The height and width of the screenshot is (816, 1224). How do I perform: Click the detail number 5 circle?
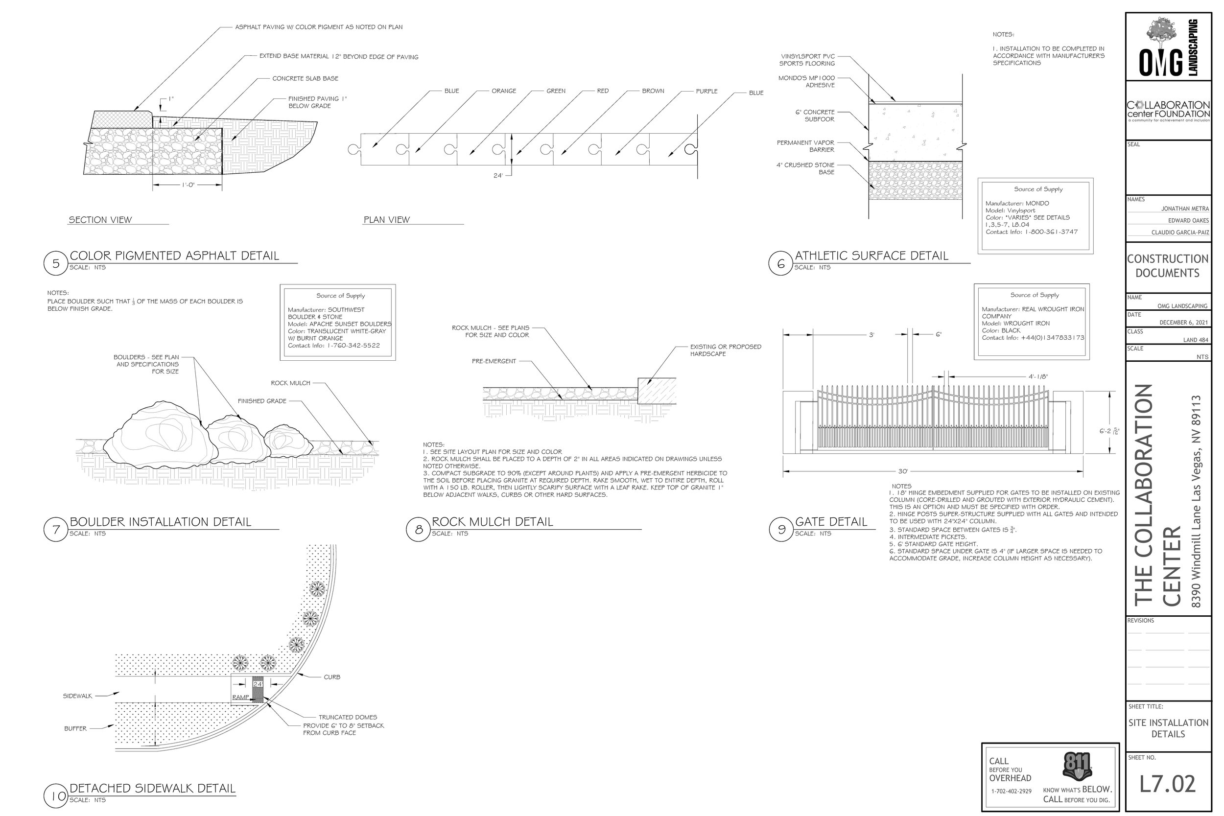click(x=56, y=263)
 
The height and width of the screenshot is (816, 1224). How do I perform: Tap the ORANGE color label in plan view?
click(x=503, y=91)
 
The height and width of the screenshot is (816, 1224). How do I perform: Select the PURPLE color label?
click(x=706, y=92)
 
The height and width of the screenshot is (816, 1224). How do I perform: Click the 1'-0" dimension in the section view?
click(x=188, y=185)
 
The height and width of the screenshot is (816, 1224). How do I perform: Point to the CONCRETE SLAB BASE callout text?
click(x=305, y=79)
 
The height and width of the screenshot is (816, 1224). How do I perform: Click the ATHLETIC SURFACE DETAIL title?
click(x=871, y=256)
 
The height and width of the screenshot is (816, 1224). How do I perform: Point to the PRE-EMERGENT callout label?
click(x=494, y=361)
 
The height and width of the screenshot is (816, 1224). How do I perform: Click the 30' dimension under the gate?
click(x=902, y=471)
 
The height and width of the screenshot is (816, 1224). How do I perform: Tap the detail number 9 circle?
click(x=780, y=530)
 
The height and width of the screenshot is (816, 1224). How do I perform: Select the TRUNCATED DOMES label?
click(x=348, y=717)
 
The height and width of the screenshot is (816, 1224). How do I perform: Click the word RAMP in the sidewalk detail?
click(x=240, y=698)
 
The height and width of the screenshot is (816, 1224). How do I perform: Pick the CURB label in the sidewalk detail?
click(x=331, y=677)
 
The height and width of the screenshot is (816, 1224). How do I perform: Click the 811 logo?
click(x=1076, y=767)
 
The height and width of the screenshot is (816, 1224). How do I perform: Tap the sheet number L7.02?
click(x=1167, y=785)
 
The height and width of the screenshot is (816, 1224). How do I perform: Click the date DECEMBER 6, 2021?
click(x=1183, y=323)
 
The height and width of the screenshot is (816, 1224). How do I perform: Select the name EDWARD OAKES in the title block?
click(x=1188, y=221)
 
